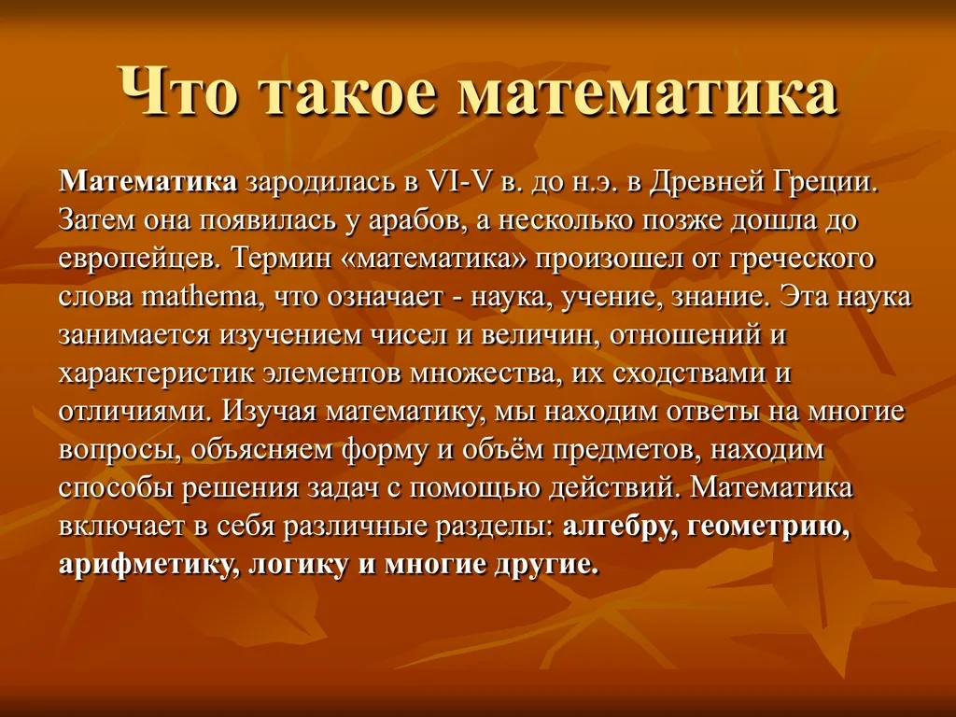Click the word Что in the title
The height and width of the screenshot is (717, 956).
179,91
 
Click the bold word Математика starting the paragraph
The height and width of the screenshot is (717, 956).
148,181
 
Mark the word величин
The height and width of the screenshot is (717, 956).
541,336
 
